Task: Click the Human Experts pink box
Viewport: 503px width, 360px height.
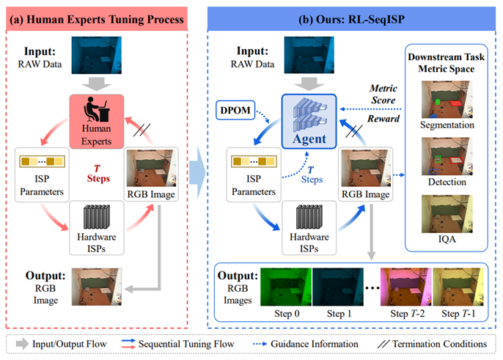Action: pyautogui.click(x=99, y=117)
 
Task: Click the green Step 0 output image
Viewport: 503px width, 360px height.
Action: pyautogui.click(x=286, y=285)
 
